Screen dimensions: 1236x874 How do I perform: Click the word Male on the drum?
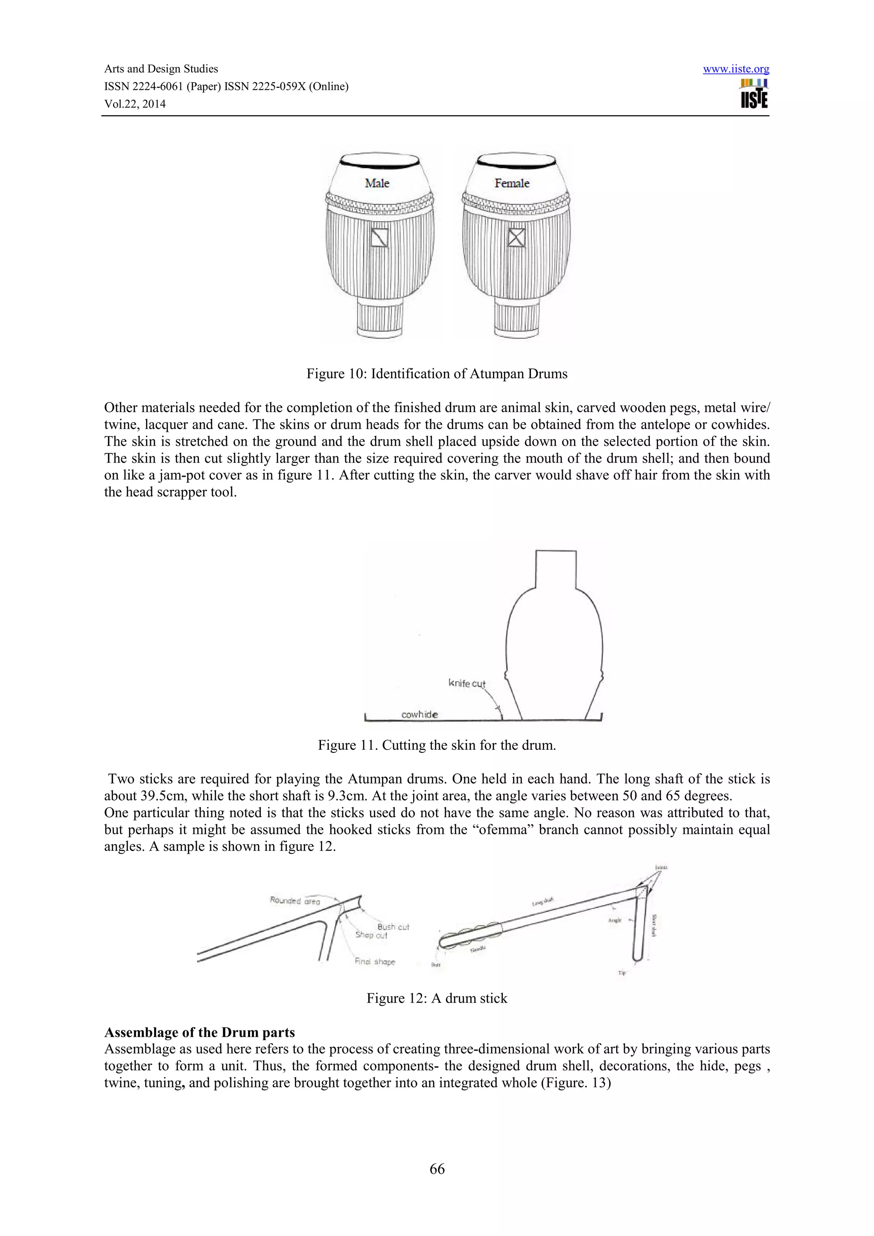pos(377,183)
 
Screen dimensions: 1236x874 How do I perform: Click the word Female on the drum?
pos(512,183)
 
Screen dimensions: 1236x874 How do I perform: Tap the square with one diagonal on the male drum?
pos(380,238)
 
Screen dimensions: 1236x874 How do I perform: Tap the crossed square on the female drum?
pos(516,238)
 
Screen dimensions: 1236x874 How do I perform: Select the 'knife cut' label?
pos(467,684)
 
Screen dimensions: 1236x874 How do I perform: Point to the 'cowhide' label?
pos(420,714)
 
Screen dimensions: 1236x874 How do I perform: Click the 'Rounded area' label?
pos(294,901)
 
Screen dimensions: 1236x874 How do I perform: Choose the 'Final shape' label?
pos(375,961)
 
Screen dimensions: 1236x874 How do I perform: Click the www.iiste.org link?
pos(736,69)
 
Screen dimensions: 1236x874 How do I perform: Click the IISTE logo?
pos(754,94)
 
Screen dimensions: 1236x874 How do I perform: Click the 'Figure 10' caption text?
pos(437,374)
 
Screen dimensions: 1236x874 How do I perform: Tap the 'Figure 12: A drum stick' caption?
pos(437,998)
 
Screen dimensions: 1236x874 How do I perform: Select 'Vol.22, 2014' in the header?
pos(134,104)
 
